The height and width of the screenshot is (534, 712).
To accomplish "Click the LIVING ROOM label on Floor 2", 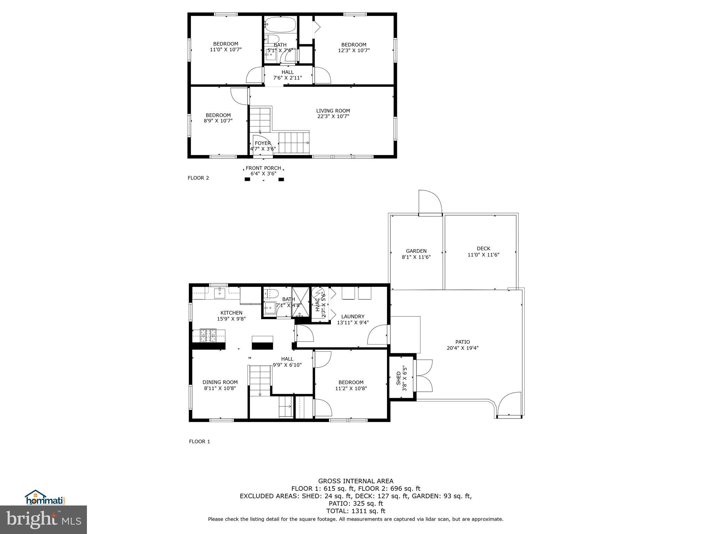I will pos(333,114).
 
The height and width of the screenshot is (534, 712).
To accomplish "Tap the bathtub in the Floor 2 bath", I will pos(280,24).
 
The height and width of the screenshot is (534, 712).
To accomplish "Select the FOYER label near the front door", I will pos(262,146).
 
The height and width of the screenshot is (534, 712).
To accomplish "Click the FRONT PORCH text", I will pos(263,171).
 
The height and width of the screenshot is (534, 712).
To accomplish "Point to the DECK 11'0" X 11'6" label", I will pos(483,251).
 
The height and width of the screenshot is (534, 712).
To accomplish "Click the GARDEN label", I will pos(416,254).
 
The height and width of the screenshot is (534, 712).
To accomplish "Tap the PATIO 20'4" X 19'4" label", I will pos(462,345).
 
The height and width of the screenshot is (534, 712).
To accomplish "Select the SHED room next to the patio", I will pos(401,378).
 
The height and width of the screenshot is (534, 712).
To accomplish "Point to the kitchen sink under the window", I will pos(220,293).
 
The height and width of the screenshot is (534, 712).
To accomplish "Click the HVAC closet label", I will pos(320,305).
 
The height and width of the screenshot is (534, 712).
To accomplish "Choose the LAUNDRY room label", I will pos(353,319).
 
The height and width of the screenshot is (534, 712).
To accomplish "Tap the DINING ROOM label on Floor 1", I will pos(220,385).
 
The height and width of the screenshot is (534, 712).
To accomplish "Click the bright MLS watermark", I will pos(43,520).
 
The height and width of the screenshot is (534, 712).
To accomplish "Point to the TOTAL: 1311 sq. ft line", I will pos(355,511).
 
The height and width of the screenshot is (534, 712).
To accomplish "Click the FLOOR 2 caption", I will pos(198,178).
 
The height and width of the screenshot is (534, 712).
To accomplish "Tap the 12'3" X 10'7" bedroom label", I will pos(354,47).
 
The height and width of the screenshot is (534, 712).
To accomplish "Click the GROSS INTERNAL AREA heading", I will pos(356,481).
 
